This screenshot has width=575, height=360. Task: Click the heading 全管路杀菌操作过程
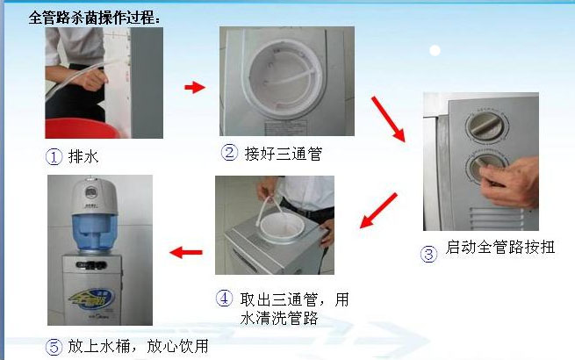pos(94,18)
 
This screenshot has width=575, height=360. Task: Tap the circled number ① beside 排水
pos(54,157)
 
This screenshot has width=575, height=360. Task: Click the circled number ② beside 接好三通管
pos(229,153)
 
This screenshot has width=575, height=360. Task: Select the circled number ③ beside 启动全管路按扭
pos(428,254)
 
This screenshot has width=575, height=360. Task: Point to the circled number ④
pos(224,298)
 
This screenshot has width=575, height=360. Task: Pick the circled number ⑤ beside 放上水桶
pos(54,347)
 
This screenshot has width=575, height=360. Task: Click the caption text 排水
pos(83,156)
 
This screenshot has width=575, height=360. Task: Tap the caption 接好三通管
pos(284,154)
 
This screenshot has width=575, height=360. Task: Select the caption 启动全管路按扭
pos(500,247)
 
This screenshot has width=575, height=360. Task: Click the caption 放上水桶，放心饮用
pos(138,346)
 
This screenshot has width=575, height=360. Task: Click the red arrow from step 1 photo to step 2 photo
pos(195,87)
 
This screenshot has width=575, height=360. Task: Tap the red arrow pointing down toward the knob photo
pos(388,119)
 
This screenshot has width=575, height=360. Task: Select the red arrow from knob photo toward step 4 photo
pos(378,210)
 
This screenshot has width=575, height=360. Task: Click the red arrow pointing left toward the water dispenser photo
pos(186,252)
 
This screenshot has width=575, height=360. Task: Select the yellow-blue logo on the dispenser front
pos(92,299)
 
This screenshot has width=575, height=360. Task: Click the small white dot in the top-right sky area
pos(435,50)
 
